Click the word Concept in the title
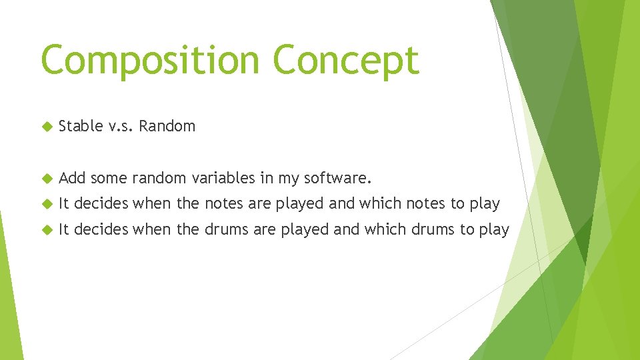[x=345, y=61]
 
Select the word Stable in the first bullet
[x=80, y=126]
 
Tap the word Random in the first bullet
[x=168, y=126]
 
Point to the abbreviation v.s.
[x=121, y=126]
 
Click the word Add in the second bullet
[x=72, y=178]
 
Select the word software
[x=338, y=178]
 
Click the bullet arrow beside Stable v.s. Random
[x=46, y=126]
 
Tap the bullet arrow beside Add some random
[x=46, y=178]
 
